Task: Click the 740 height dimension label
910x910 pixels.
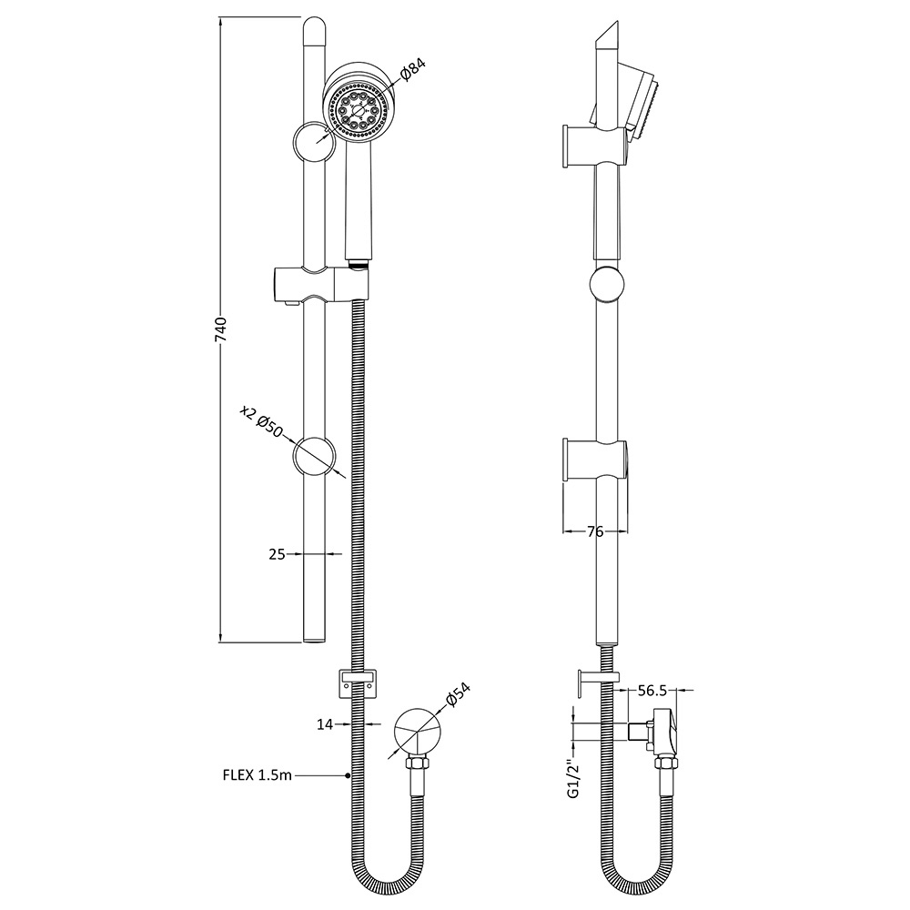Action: (220, 329)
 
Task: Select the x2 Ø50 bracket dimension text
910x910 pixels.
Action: (262, 420)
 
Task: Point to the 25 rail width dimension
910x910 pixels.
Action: (278, 552)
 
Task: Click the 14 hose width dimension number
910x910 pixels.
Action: (325, 724)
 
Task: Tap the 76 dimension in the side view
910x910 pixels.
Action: (596, 532)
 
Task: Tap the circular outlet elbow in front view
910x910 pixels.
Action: (418, 732)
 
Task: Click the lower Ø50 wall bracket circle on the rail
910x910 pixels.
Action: (314, 455)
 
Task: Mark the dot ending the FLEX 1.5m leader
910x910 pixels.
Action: (349, 775)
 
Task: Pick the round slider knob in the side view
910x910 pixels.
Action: (607, 284)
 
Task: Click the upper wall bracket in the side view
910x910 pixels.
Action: (594, 146)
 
